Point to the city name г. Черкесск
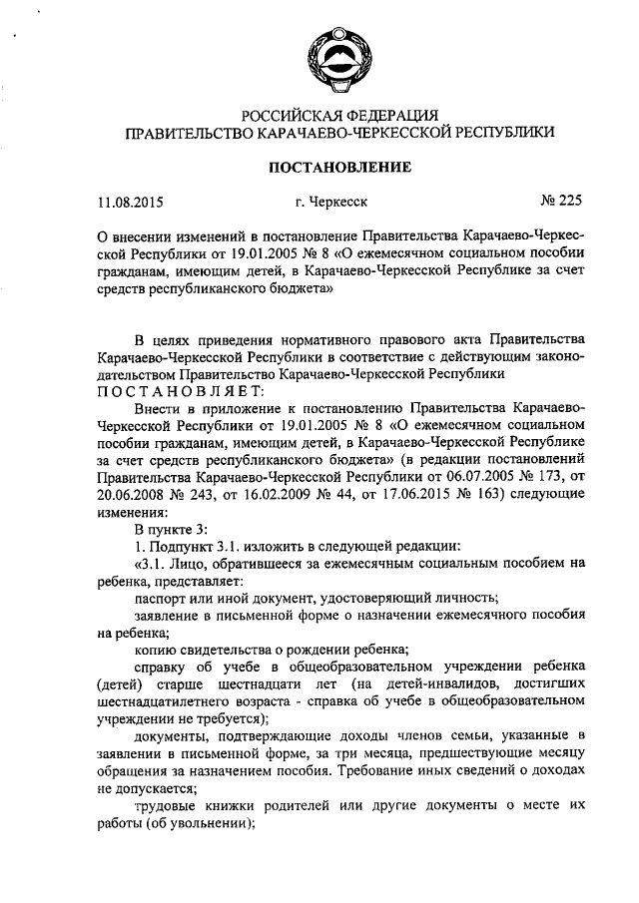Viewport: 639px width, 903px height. (331, 202)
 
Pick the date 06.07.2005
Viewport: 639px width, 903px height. (471, 477)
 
